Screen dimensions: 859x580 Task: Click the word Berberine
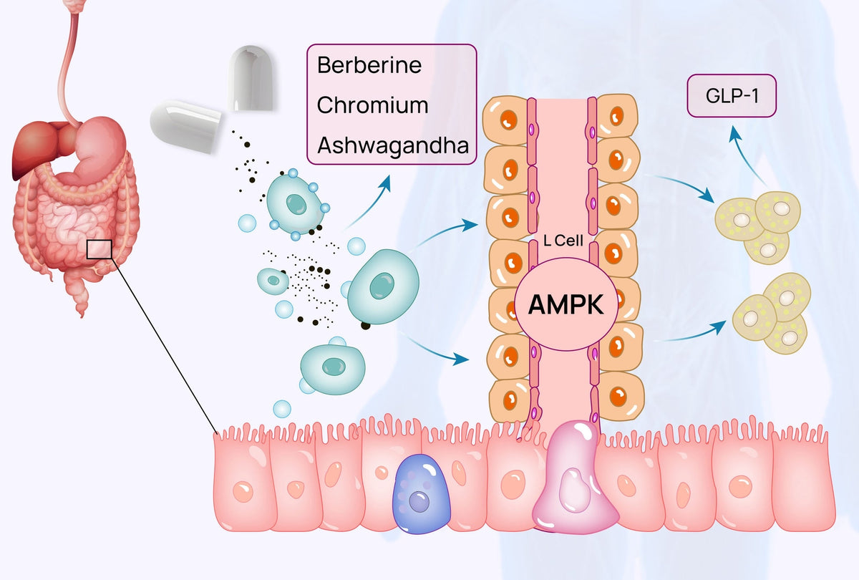369,65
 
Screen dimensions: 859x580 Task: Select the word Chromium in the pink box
372,105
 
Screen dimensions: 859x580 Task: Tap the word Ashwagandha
393,145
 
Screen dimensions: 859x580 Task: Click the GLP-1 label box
732,95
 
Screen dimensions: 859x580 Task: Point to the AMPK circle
566,304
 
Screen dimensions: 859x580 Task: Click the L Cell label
563,241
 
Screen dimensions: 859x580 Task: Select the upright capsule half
251,78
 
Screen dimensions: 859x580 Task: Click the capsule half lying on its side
185,126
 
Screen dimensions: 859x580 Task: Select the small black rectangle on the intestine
100,249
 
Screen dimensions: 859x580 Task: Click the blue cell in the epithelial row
422,494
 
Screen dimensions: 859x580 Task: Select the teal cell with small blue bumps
295,204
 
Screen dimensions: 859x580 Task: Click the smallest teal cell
273,281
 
